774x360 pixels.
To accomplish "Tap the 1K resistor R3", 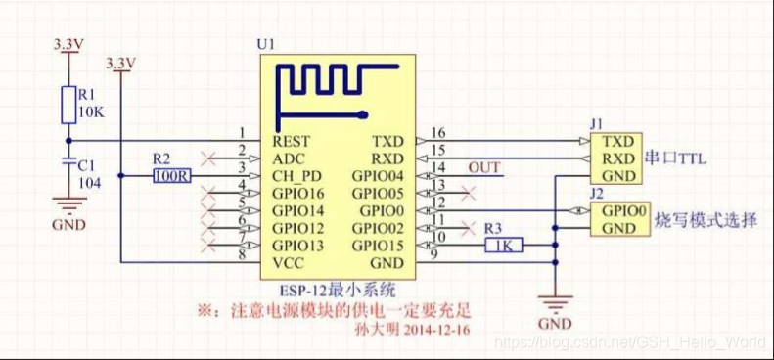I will pyautogui.click(x=505, y=246).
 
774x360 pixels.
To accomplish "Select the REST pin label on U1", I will pyautogui.click(x=292, y=141).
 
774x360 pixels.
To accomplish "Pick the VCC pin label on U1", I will pyautogui.click(x=290, y=263).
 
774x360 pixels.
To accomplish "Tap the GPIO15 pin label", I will pyautogui.click(x=380, y=246).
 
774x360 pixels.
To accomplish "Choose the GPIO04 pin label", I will pyautogui.click(x=380, y=176).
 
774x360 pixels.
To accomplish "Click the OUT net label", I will pyautogui.click(x=483, y=168).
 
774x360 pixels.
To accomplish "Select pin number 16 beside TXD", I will pyautogui.click(x=438, y=132).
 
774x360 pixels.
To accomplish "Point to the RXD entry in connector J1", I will pyautogui.click(x=617, y=158).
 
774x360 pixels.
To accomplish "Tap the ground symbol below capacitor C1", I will pyautogui.click(x=67, y=205).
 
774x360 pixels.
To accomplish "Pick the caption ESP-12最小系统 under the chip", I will pyautogui.click(x=337, y=290).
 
